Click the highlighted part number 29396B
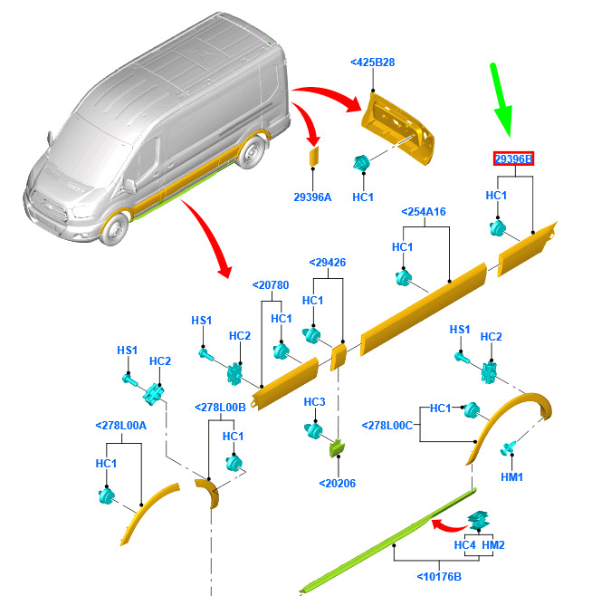click(x=513, y=159)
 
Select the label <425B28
click(x=372, y=62)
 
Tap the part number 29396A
click(x=312, y=197)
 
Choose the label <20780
click(x=272, y=284)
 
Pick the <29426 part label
click(x=327, y=263)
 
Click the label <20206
click(x=337, y=483)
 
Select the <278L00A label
click(x=120, y=425)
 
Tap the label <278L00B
click(x=221, y=408)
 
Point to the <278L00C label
click(x=387, y=425)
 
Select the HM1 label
click(x=512, y=476)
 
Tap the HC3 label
click(x=314, y=401)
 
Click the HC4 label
click(x=464, y=545)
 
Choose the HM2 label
click(x=493, y=545)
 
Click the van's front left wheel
click(x=111, y=229)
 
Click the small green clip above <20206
click(x=336, y=447)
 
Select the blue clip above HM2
click(x=479, y=521)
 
